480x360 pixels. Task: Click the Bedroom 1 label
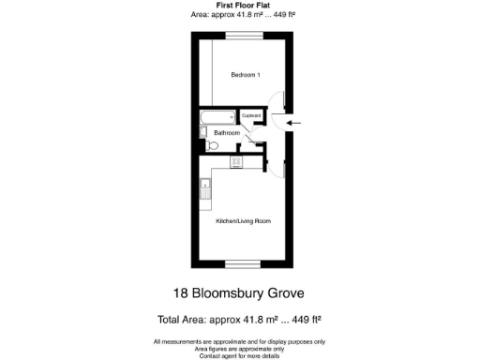[x=246, y=75]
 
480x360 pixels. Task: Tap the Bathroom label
[x=227, y=133]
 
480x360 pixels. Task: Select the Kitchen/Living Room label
[x=243, y=220]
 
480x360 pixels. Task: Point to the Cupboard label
[x=252, y=116]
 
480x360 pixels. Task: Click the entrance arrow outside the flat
[x=292, y=122]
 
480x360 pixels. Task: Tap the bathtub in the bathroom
[x=217, y=118]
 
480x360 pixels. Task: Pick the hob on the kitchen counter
[x=235, y=162]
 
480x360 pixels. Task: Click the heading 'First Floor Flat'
[x=240, y=5]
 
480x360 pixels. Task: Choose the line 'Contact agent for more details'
[x=240, y=355]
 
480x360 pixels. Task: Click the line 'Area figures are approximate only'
[x=240, y=349]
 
